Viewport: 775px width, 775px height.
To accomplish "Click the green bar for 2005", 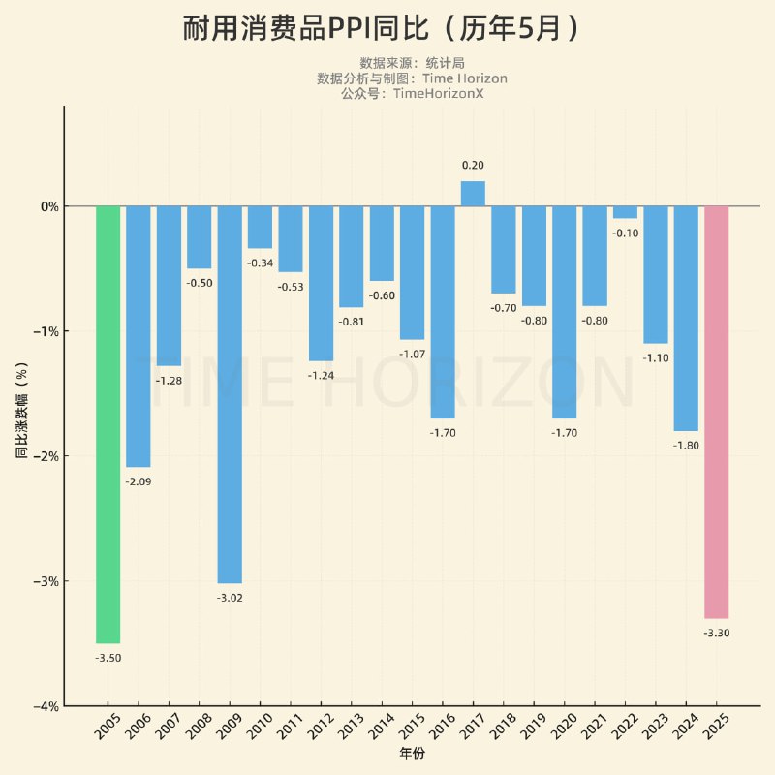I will [108, 424].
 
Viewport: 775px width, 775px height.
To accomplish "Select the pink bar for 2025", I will [716, 412].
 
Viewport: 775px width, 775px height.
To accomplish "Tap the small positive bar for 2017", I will [473, 194].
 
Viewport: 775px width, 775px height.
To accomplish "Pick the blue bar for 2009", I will [230, 394].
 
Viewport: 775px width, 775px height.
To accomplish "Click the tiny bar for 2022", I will [625, 212].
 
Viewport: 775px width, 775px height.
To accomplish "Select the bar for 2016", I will [443, 312].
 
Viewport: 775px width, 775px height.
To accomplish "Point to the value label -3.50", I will [108, 658].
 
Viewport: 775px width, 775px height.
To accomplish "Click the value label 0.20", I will [473, 166].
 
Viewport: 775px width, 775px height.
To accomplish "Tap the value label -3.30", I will [716, 633].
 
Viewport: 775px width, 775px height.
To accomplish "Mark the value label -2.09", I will [139, 481].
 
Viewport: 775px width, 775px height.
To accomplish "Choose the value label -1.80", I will [686, 446].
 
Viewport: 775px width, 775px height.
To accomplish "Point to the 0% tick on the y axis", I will [49, 206].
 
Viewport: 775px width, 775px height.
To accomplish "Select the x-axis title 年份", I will [412, 753].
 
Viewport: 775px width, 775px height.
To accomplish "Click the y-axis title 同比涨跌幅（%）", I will [21, 406].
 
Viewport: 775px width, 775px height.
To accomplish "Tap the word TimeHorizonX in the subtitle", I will [438, 93].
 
